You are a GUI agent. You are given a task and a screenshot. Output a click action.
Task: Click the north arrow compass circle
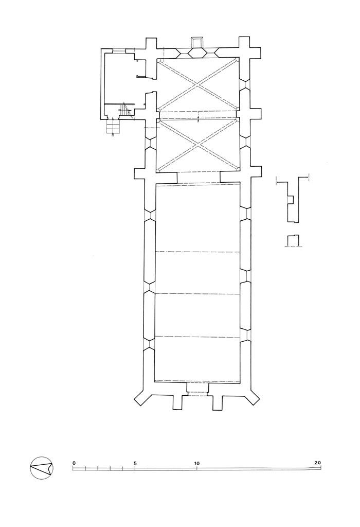click(42, 468)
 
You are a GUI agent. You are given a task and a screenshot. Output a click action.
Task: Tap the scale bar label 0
click(74, 463)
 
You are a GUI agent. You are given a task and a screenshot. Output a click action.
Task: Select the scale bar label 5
click(135, 463)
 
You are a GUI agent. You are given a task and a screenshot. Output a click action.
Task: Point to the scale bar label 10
click(196, 463)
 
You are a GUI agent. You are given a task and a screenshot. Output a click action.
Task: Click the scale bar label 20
click(317, 463)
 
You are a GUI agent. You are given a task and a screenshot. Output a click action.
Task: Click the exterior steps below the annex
click(113, 127)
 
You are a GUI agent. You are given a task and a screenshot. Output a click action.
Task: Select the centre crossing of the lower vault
click(198, 145)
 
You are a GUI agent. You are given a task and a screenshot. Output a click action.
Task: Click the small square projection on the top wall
click(196, 43)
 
